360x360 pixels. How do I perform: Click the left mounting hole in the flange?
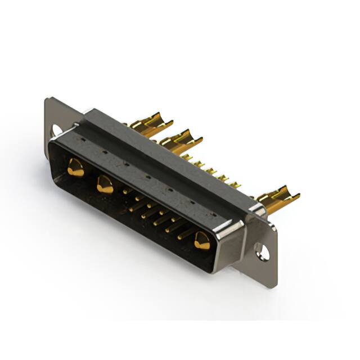coord(57,130)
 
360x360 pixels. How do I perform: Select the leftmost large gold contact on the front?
coord(75,168)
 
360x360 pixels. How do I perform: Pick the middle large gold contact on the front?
coord(105,184)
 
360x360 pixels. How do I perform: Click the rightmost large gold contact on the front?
coord(201,241)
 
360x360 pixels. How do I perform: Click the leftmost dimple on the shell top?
coord(84,138)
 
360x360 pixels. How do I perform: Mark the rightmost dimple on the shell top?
coord(214,214)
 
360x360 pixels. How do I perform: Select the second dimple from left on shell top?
coord(105,151)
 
